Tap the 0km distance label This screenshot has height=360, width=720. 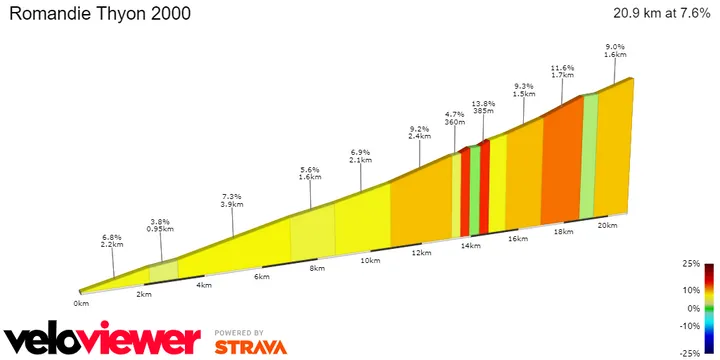pyautogui.click(x=81, y=302)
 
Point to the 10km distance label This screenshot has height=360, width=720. pyautogui.click(x=369, y=260)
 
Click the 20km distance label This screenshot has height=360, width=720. pyautogui.click(x=606, y=225)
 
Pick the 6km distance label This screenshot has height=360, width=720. pyautogui.click(x=262, y=276)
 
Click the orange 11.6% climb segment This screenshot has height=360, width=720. pyautogui.click(x=562, y=160)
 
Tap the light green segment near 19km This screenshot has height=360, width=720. pyautogui.click(x=589, y=155)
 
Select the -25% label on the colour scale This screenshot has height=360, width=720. pyautogui.click(x=688, y=352)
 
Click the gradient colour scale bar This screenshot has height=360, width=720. pyautogui.click(x=708, y=307)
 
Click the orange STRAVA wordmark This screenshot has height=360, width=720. pyautogui.click(x=250, y=347)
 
